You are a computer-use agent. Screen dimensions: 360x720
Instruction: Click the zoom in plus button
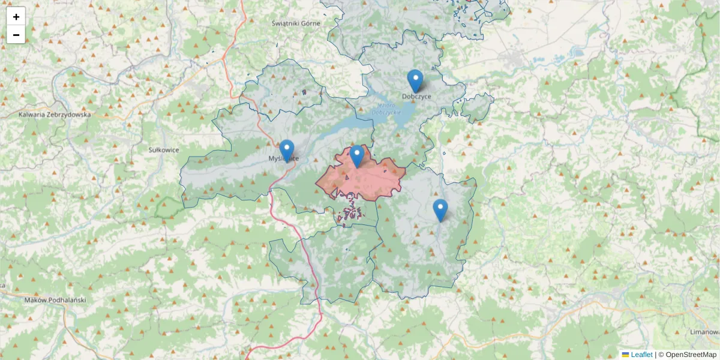coord(16,17)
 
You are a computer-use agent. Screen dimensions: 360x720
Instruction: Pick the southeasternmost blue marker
coord(440,210)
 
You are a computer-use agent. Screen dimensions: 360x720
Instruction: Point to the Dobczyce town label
coord(416,97)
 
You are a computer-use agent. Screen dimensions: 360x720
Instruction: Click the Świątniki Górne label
coord(296,23)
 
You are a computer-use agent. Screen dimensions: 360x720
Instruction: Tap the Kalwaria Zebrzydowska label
coord(55,114)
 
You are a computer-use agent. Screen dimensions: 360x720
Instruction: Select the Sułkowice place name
coord(163,150)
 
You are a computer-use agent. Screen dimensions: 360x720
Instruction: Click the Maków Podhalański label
coord(56,299)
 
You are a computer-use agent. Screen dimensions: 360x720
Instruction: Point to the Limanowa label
coord(703,332)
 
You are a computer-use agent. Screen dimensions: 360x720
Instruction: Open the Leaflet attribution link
coord(641,355)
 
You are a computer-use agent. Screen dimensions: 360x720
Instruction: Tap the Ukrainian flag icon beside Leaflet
coord(625,355)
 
